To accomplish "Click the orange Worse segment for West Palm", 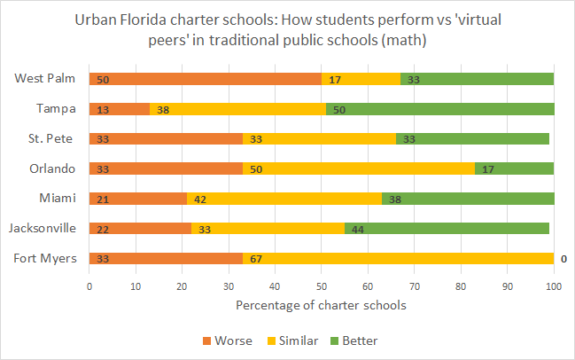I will (205, 79).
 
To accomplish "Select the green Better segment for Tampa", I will (439, 109).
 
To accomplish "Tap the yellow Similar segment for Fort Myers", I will (398, 259).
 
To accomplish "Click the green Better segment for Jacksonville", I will (447, 229).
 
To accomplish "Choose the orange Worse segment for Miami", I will (137, 199).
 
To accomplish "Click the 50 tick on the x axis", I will (321, 287).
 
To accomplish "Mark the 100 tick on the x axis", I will (553, 287).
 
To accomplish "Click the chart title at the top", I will (287, 29).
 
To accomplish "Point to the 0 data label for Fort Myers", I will (563, 259).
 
